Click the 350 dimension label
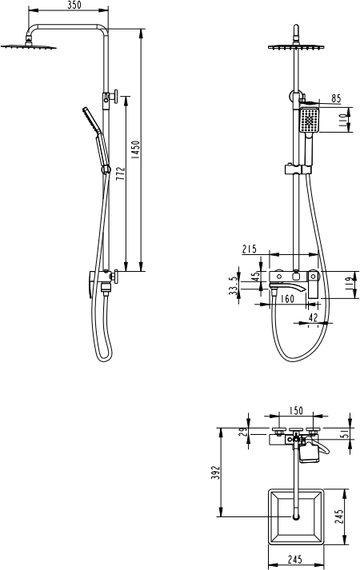(74, 5)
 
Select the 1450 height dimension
(135, 149)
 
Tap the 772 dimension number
(121, 173)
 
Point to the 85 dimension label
(336, 98)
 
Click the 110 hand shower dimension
(343, 120)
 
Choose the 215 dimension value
(250, 249)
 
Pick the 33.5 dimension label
(233, 285)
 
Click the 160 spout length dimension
(287, 299)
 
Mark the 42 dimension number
(313, 317)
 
